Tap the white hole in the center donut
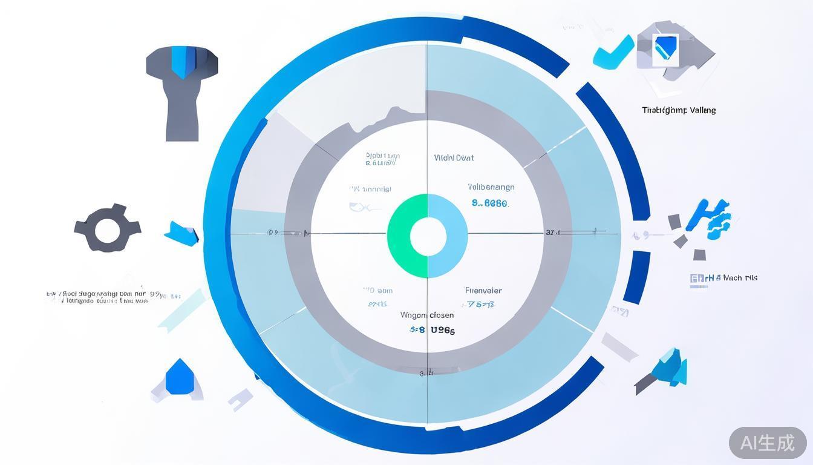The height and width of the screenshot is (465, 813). [x=428, y=237]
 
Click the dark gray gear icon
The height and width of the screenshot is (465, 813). [x=107, y=228]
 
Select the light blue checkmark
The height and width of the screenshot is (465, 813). [x=612, y=51]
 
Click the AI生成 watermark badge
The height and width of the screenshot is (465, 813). [x=767, y=443]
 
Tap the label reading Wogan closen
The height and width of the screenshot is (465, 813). [x=426, y=315]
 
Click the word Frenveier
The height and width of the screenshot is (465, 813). [x=483, y=290]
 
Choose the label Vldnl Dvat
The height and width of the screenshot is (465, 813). [x=454, y=158]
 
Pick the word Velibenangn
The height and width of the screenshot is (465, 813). [x=491, y=187]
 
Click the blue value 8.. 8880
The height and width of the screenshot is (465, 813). [x=489, y=203]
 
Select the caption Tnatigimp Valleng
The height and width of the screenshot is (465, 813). [x=678, y=110]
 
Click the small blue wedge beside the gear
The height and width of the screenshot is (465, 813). [x=181, y=233]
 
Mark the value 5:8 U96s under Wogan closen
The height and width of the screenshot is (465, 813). [x=432, y=330]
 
